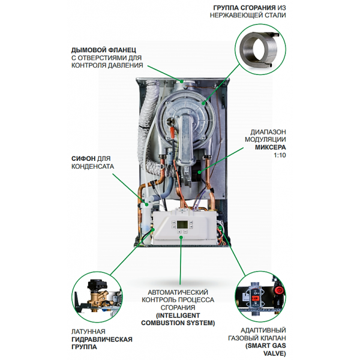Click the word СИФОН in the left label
click(83, 158)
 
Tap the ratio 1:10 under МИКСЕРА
click(280, 155)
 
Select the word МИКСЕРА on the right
click(271, 147)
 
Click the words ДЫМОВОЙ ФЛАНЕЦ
click(104, 50)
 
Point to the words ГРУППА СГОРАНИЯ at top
click(244, 8)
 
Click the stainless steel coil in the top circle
click(259, 49)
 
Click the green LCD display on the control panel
click(181, 224)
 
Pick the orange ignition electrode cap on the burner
click(172, 133)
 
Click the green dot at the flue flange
click(182, 81)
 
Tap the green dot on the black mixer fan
click(199, 172)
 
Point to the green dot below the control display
click(181, 238)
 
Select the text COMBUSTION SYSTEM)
click(178, 323)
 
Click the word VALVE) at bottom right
click(275, 353)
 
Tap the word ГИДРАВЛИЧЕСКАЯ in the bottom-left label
click(102, 340)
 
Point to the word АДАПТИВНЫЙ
click(263, 331)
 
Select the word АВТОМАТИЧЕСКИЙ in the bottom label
click(178, 292)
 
